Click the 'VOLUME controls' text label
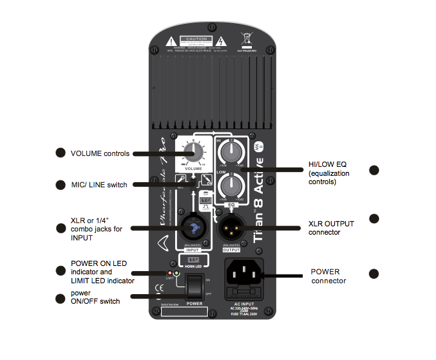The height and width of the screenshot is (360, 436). coord(100,153)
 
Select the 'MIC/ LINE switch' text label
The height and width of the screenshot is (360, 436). coord(98,185)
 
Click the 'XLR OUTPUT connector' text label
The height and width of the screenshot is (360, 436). coord(331,228)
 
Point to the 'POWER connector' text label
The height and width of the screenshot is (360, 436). coord(329,276)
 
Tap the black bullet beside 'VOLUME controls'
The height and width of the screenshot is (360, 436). coord(60,153)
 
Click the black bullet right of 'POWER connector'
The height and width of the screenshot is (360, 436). coord(374,274)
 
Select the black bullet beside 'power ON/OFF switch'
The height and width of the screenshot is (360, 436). coord(60,297)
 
